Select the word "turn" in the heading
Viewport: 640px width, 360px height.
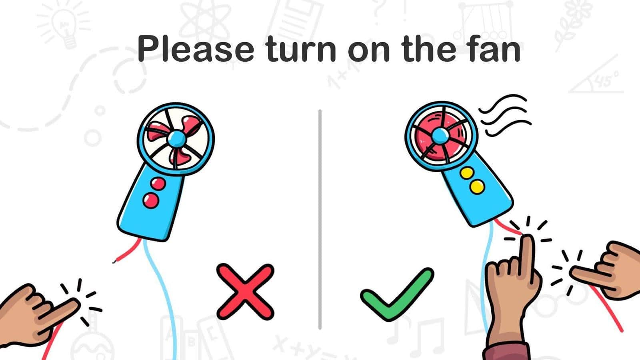[x=300, y=48]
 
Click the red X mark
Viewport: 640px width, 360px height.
[x=245, y=292]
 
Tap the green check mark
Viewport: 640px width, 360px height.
[x=397, y=294]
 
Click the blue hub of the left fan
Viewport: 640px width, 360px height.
[x=177, y=138]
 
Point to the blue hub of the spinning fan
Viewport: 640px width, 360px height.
[x=440, y=136]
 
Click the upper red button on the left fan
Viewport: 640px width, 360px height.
[x=158, y=184]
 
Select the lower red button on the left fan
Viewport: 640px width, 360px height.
[x=150, y=200]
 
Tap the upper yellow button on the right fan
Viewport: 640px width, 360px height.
[x=467, y=173]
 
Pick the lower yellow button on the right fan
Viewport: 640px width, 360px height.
[x=477, y=187]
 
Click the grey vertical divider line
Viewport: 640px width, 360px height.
[x=320, y=219]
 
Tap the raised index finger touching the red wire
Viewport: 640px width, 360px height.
[x=526, y=257]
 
